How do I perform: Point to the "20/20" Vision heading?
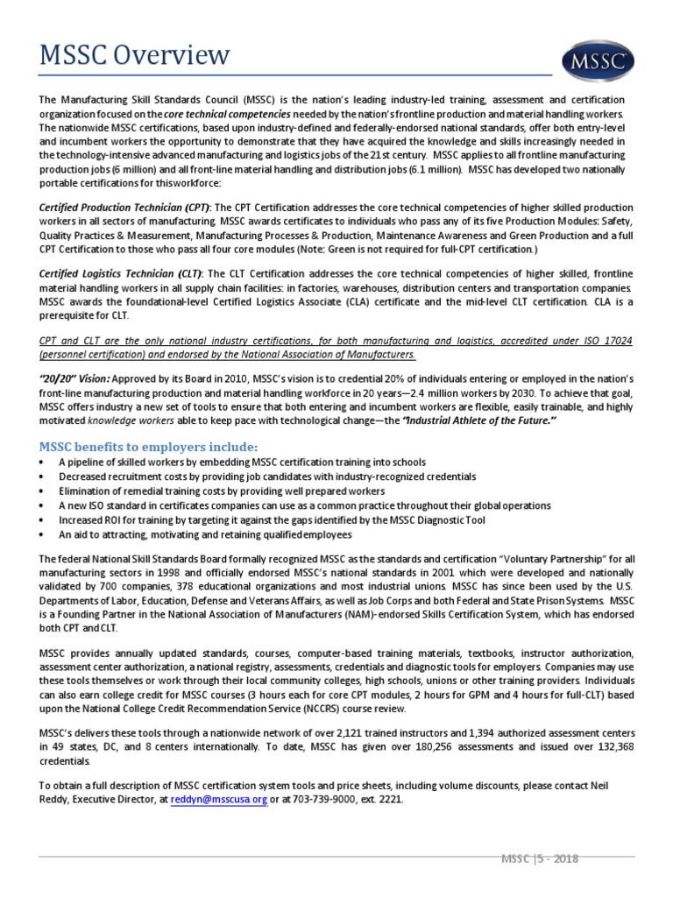(74, 378)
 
